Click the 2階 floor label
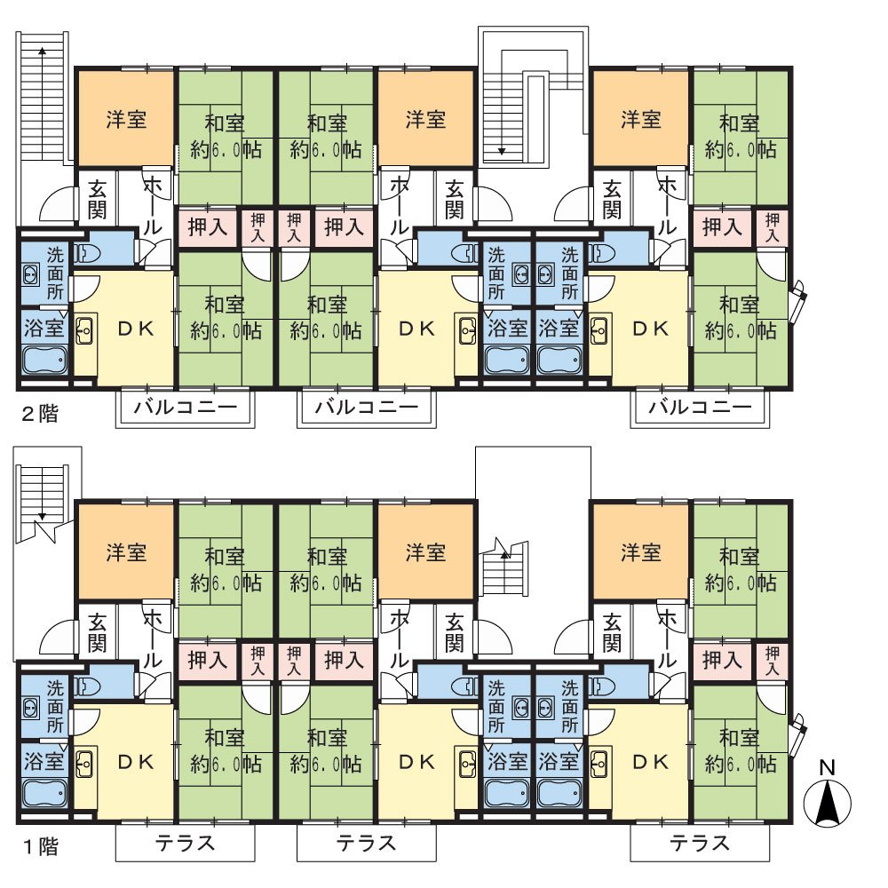[x=40, y=414]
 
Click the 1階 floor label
[x=40, y=846]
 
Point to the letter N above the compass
[x=828, y=767]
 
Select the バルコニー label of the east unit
[x=700, y=407]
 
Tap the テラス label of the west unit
[x=186, y=843]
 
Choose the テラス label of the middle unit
[x=367, y=843]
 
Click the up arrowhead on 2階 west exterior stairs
[x=42, y=51]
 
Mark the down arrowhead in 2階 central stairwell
[x=501, y=151]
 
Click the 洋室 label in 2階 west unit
[x=126, y=120]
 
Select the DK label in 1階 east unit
[x=650, y=762]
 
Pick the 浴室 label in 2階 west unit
[x=44, y=328]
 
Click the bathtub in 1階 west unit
[x=44, y=793]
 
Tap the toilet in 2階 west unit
[x=87, y=253]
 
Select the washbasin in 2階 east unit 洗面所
[x=546, y=275]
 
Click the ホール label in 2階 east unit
[x=668, y=205]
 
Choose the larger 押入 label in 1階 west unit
[x=207, y=660]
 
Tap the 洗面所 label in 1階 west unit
[x=55, y=707]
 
